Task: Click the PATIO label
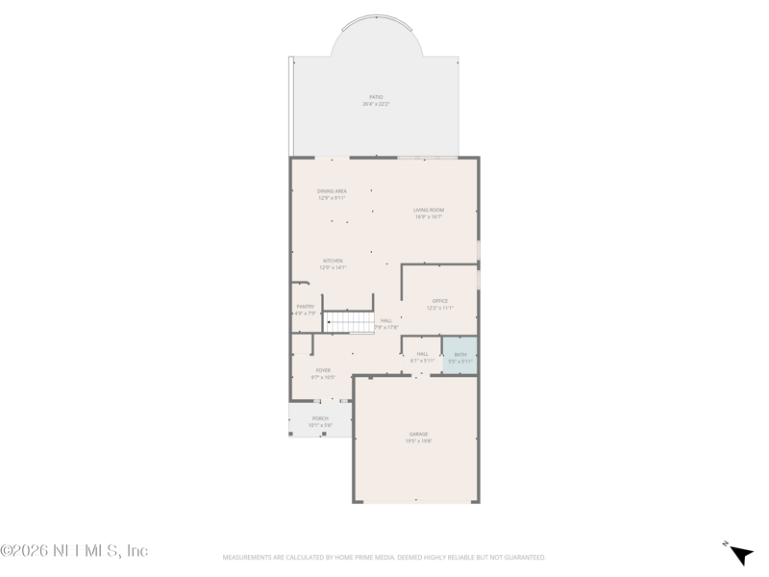[x=376, y=97]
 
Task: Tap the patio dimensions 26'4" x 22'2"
[x=376, y=104]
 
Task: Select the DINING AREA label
[x=332, y=191]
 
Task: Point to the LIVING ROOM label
[x=429, y=210]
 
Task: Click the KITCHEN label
[x=332, y=261]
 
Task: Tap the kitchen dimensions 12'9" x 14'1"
[x=332, y=267]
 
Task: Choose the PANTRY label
[x=305, y=307]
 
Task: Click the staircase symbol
[x=348, y=322]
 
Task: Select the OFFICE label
[x=439, y=301]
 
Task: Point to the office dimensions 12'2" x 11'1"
[x=439, y=308]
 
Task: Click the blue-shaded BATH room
[x=459, y=356]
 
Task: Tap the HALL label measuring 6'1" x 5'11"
[x=422, y=354]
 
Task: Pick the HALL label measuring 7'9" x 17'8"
[x=386, y=320]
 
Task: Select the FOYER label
[x=323, y=370]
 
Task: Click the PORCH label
[x=320, y=418]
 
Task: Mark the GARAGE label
[x=418, y=434]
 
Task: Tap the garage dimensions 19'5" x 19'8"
[x=418, y=440]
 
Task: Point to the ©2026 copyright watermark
[x=74, y=551]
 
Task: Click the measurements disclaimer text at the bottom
[x=384, y=557]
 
